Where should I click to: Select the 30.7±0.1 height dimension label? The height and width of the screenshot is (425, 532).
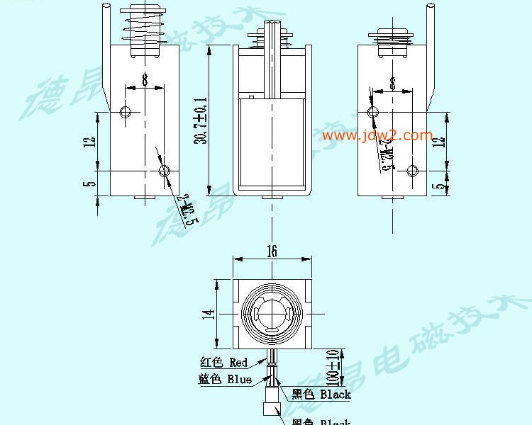tap(201, 120)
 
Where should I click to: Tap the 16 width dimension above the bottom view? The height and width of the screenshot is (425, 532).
tap(272, 251)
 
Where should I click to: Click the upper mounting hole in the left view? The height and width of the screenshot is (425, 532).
tap(126, 112)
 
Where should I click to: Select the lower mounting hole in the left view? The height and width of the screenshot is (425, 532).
tap(165, 170)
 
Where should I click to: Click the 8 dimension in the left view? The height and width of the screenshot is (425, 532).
tap(145, 80)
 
